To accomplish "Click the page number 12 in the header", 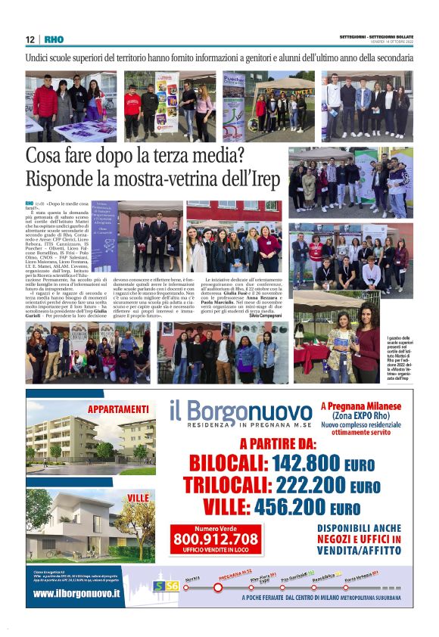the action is coord(30,39).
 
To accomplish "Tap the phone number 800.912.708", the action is coord(215,539).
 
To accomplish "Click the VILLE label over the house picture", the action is coord(138,497).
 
